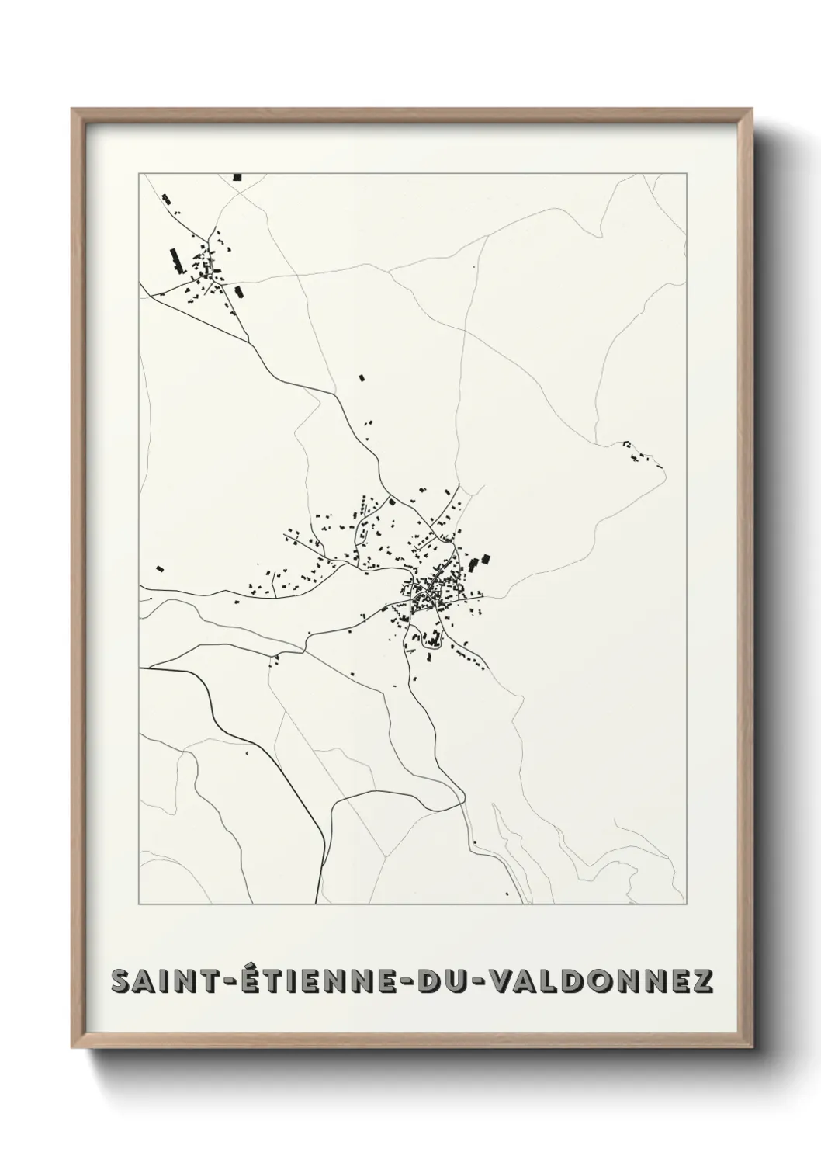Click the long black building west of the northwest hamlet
(x=175, y=259)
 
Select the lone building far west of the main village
(x=161, y=568)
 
